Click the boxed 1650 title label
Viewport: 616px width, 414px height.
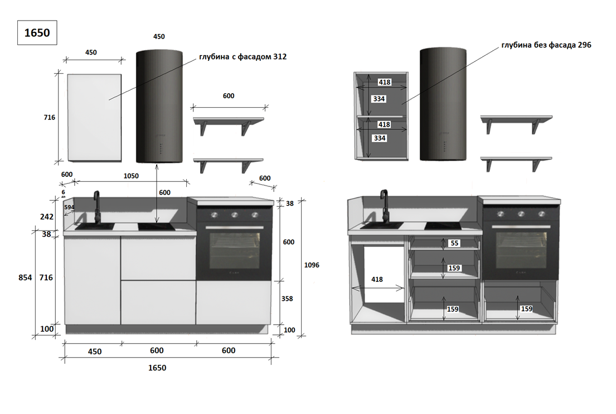[37, 32]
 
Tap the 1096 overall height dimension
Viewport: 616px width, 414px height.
[312, 265]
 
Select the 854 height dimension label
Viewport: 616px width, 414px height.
[25, 277]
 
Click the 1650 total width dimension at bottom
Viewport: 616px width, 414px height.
[157, 368]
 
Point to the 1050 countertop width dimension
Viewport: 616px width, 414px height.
[131, 176]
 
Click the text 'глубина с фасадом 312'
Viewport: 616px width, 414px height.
[243, 56]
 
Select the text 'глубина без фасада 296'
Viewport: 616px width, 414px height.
[546, 45]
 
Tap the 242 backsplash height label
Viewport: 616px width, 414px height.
[47, 216]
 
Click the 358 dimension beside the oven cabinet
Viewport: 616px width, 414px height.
[287, 299]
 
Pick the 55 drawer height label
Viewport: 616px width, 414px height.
[454, 243]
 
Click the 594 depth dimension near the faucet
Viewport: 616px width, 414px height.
[69, 207]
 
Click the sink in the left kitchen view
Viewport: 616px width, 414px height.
[95, 227]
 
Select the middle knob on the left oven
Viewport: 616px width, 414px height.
[235, 215]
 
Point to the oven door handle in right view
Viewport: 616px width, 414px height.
[521, 227]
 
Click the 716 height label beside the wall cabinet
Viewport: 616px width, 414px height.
[50, 117]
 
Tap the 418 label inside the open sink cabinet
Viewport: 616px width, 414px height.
[377, 279]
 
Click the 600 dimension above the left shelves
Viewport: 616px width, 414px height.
[229, 96]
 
